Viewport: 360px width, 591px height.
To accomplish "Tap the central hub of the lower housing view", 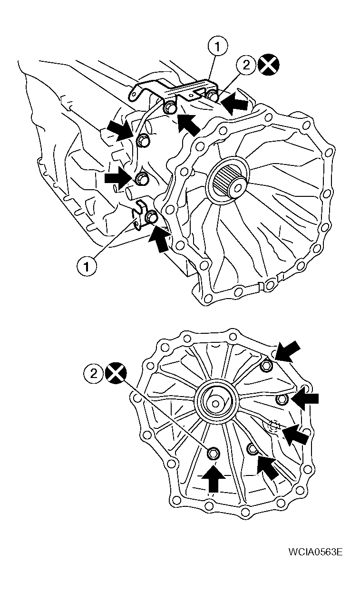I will pos(215,403).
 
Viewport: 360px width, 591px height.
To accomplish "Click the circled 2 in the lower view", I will pos(94,373).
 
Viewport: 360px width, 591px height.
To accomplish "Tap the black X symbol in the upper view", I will pos(268,65).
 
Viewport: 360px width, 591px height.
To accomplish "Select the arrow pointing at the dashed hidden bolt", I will pos(295,435).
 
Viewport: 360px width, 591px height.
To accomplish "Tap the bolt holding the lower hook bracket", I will pos(151,217).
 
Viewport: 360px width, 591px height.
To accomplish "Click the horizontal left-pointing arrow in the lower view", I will pos(304,398).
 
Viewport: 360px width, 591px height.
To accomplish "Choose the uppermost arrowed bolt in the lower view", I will pos(267,365).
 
